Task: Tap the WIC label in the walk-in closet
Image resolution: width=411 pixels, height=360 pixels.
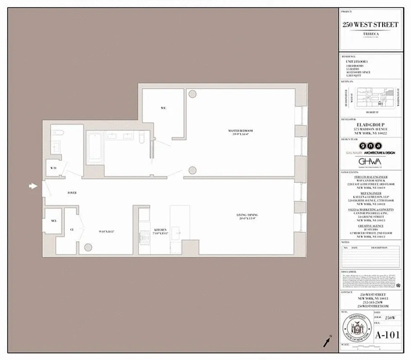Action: [x=163, y=108]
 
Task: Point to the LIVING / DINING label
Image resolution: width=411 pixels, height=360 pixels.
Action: [x=246, y=215]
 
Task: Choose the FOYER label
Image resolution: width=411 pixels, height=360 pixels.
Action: [x=72, y=193]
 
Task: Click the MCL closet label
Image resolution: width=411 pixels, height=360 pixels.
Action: [x=53, y=221]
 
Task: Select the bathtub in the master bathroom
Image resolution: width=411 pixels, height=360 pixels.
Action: [x=95, y=147]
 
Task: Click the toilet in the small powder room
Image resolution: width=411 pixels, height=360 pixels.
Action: [x=56, y=133]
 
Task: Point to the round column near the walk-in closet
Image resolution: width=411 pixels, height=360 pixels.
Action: [x=192, y=94]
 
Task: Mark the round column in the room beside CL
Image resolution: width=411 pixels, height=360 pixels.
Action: [x=88, y=247]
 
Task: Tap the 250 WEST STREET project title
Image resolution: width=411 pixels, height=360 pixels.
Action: [x=370, y=25]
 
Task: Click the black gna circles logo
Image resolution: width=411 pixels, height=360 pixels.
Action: [x=370, y=146]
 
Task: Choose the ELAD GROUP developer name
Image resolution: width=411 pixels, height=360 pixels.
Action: [x=370, y=125]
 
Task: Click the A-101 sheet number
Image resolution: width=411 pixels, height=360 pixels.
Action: [x=387, y=335]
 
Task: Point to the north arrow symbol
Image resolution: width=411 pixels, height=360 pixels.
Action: [x=326, y=342]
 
